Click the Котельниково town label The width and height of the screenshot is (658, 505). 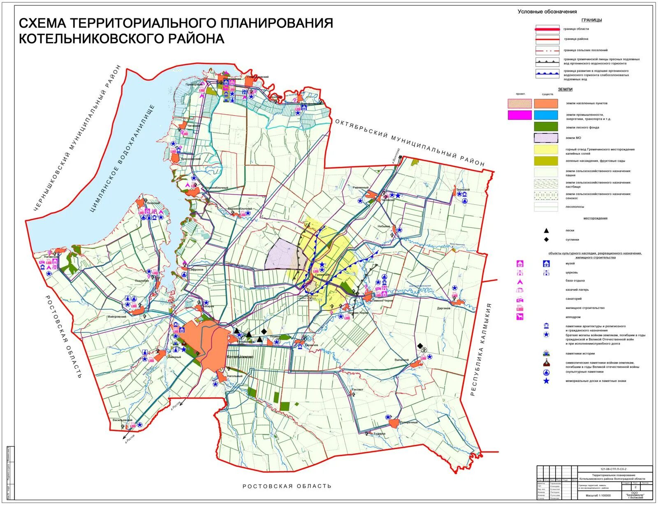click(x=240, y=357)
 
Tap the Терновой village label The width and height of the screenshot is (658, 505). click(x=463, y=190)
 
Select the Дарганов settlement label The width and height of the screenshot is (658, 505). click(x=444, y=308)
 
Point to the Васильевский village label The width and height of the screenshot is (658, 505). click(x=123, y=420)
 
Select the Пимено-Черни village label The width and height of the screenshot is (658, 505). click(x=383, y=301)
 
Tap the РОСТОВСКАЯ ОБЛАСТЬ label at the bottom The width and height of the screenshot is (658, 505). click(x=287, y=486)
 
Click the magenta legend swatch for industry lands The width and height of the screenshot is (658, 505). click(x=519, y=115)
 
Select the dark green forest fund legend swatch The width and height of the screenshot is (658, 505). click(x=546, y=127)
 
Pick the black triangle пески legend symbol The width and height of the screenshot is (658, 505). click(x=546, y=231)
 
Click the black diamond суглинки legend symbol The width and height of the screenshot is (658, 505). click(x=546, y=239)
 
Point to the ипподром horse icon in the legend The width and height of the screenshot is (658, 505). click(x=520, y=317)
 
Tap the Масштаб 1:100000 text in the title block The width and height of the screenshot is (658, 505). click(x=595, y=496)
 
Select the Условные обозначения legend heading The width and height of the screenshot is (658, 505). click(x=547, y=12)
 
